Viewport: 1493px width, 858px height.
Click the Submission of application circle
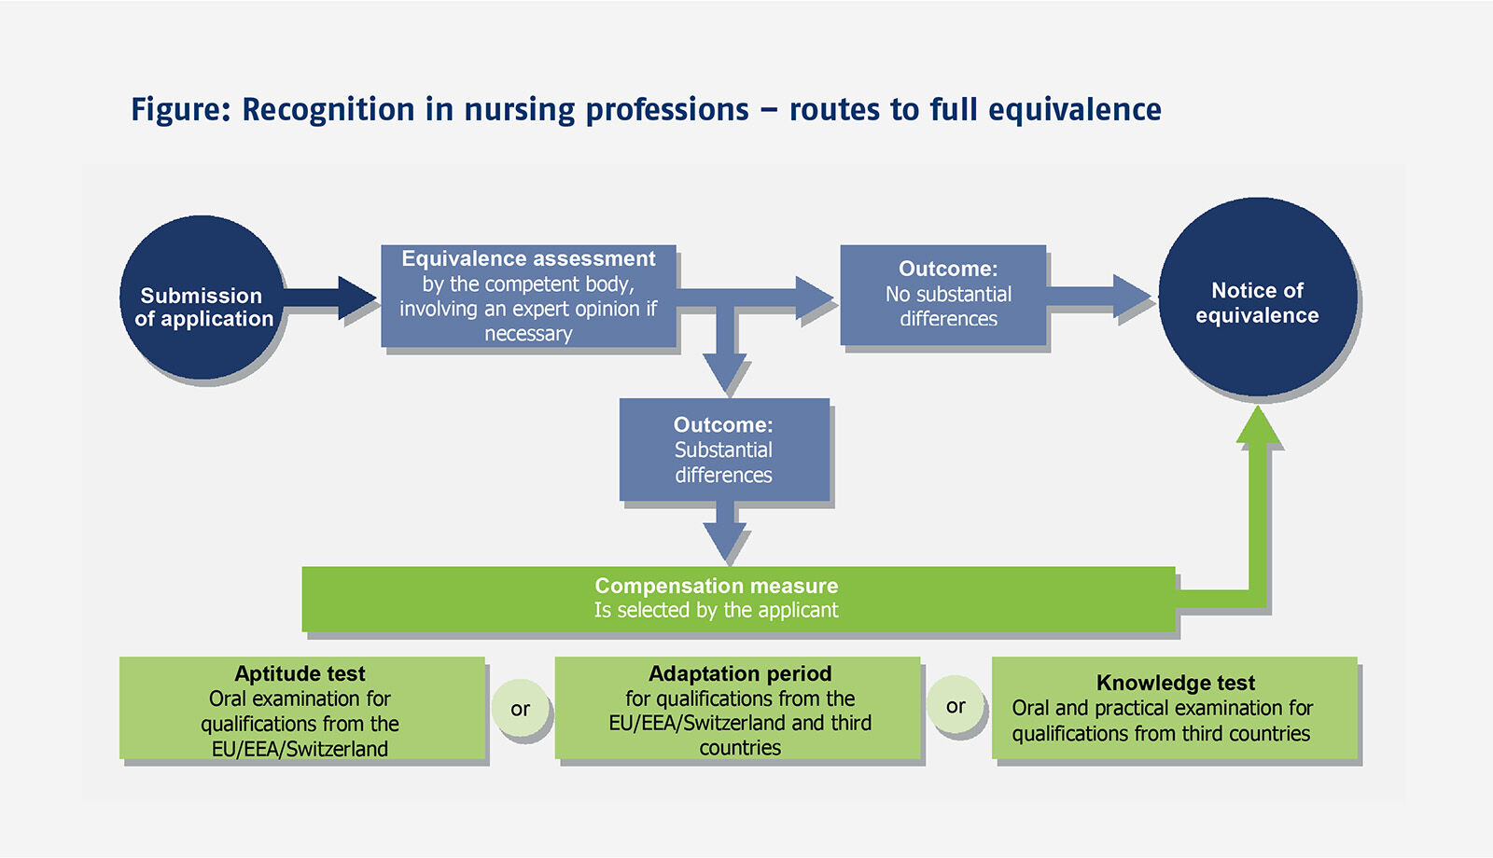[x=202, y=298]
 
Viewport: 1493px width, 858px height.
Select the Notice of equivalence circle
[x=1257, y=298]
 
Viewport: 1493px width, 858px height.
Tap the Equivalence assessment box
[x=528, y=296]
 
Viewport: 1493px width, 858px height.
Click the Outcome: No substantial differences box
[x=942, y=295]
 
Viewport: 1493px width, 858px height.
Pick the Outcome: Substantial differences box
[x=724, y=450]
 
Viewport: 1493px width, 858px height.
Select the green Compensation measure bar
[x=737, y=598]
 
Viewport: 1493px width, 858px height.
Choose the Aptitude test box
[x=301, y=708]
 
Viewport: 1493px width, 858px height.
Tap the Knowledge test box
[x=1174, y=708]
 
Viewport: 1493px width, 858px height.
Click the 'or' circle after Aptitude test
[x=520, y=709]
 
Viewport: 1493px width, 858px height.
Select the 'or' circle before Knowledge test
[x=956, y=707]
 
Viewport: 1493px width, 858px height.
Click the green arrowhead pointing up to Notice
[x=1259, y=427]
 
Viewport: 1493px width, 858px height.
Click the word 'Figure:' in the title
[x=180, y=110]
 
